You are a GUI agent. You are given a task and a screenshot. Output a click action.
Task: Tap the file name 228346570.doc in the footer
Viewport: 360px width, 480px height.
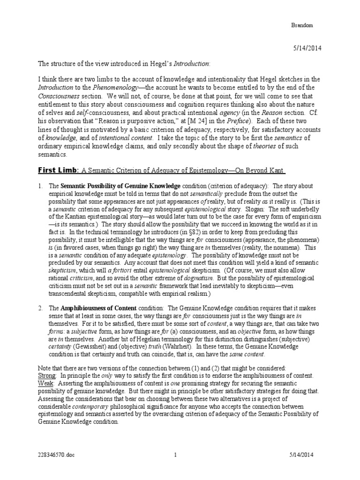point(54,454)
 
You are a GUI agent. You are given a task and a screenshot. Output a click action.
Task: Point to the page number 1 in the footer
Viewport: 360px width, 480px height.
point(175,454)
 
